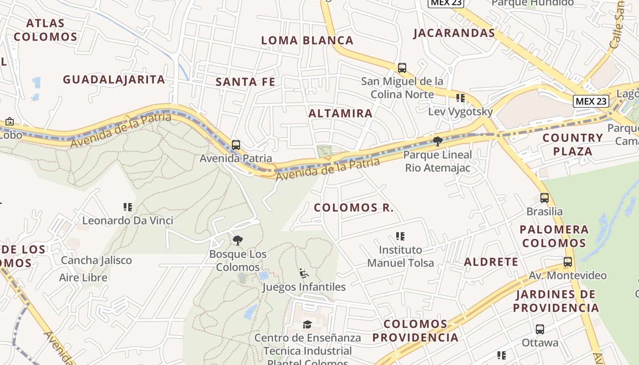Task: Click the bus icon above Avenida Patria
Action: tap(236, 145)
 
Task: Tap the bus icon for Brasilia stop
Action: tap(545, 198)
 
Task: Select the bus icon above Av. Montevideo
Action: tap(568, 262)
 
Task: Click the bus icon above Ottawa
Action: tap(540, 329)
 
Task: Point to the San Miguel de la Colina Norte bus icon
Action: tap(402, 68)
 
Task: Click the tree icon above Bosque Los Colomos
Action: tap(238, 240)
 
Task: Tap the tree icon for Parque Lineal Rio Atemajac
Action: tap(438, 141)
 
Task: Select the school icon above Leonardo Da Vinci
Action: tap(128, 207)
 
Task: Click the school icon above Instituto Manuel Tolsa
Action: tap(400, 236)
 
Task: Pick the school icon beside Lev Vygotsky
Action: tap(461, 98)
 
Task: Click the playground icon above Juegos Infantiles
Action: tap(304, 273)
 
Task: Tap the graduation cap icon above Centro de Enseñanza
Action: tap(308, 324)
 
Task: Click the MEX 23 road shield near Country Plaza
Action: tap(591, 101)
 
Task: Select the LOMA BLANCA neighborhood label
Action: tap(307, 41)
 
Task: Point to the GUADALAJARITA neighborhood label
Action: tap(114, 80)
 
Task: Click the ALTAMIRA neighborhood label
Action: tap(340, 114)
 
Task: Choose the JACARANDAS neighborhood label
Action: tap(454, 33)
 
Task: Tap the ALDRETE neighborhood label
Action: tap(491, 262)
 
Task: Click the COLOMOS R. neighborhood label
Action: tap(354, 208)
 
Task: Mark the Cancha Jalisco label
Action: tap(96, 261)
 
